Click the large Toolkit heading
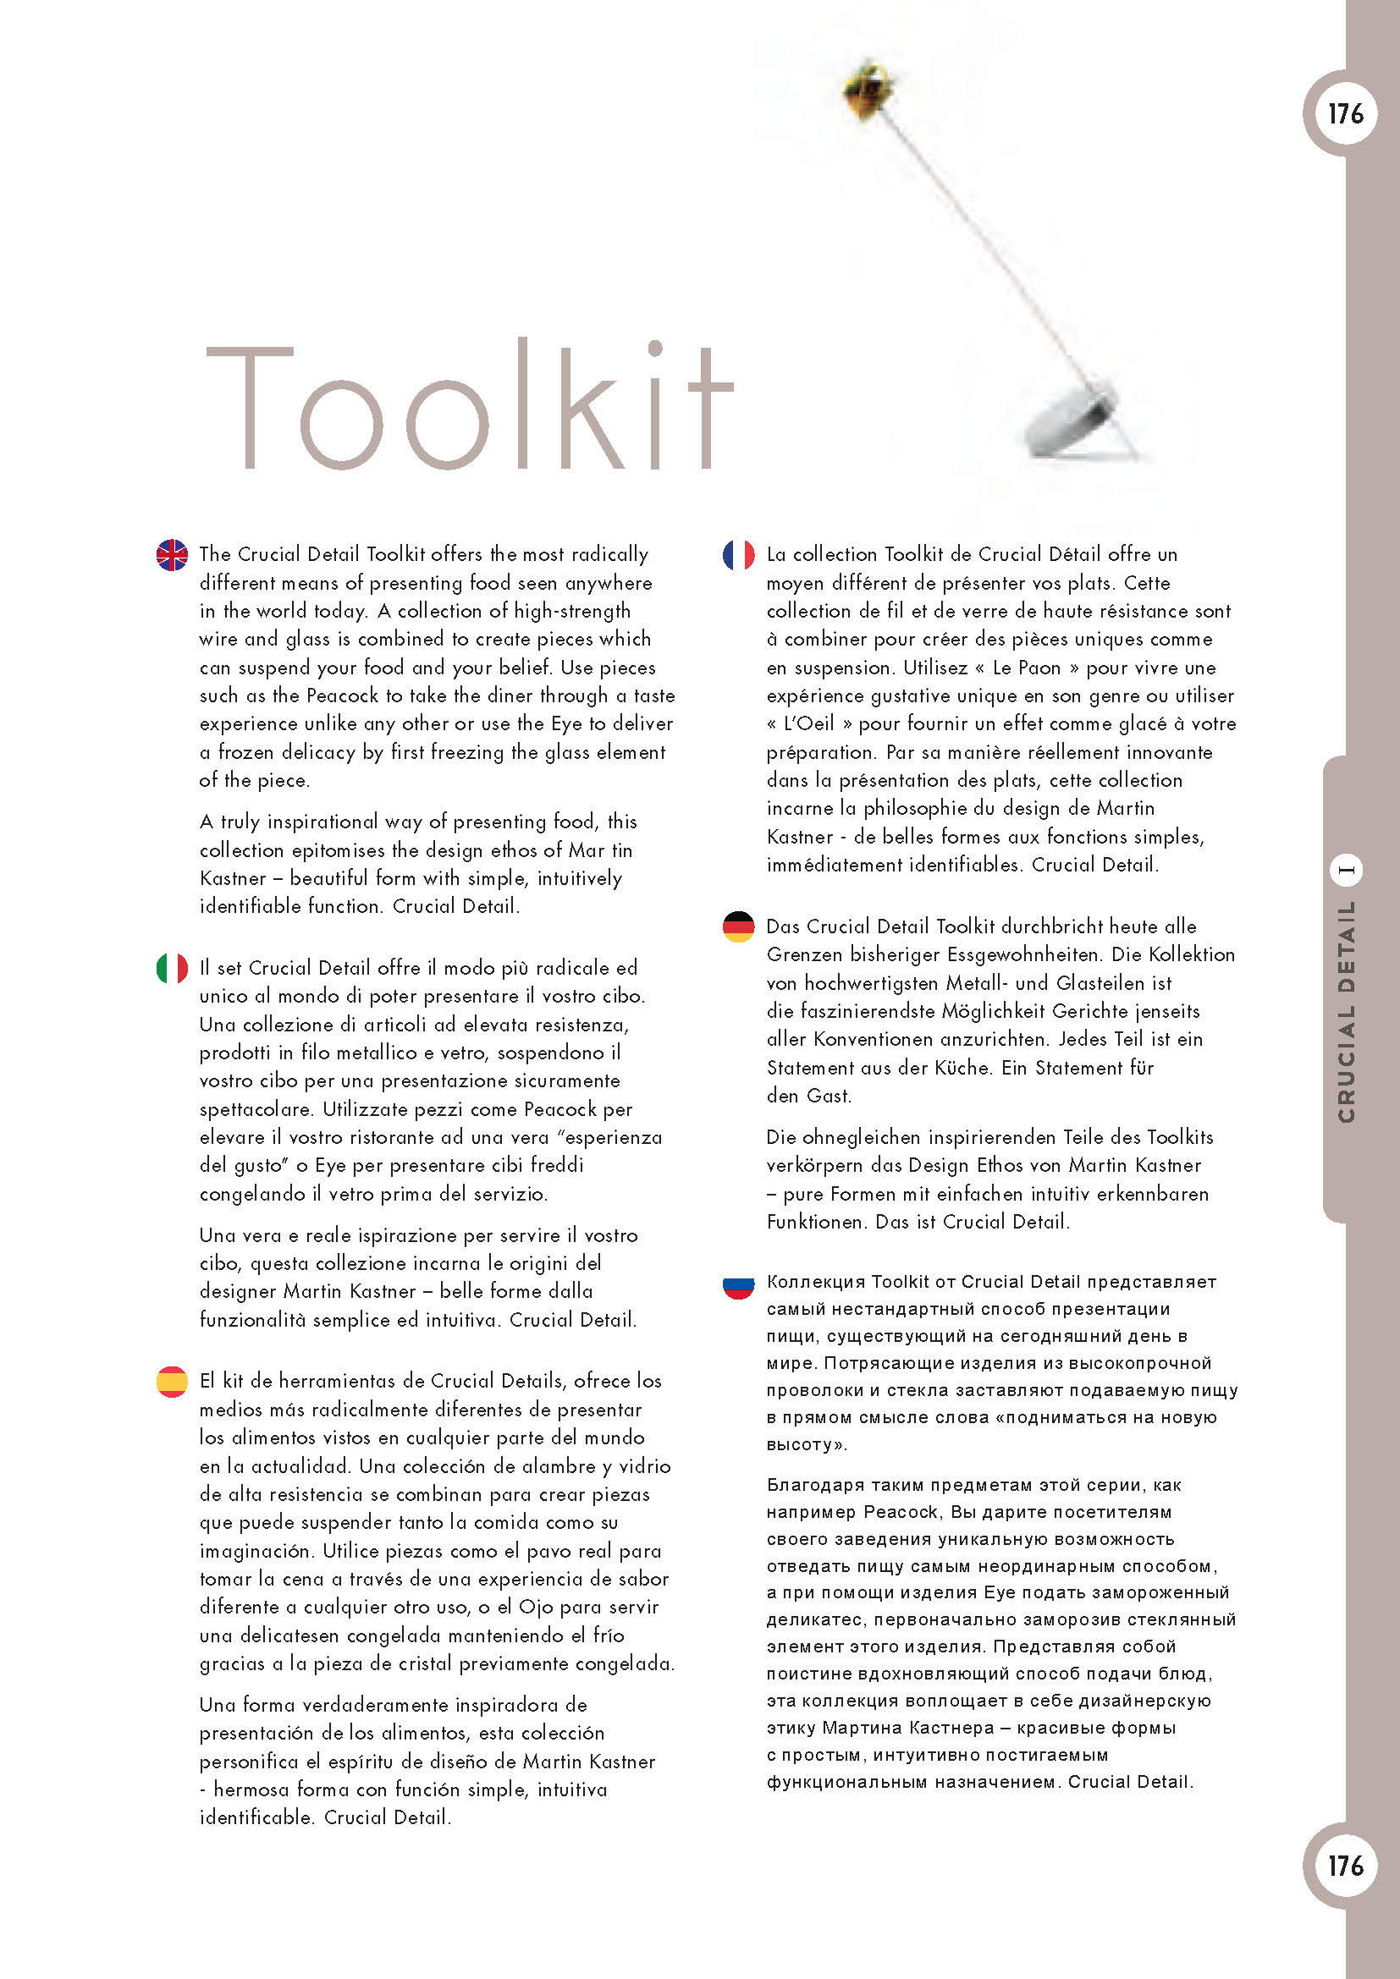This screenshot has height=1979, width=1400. click(470, 405)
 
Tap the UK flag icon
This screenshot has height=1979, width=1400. click(172, 554)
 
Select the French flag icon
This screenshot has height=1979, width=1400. click(738, 554)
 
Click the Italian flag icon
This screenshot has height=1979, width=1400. click(172, 968)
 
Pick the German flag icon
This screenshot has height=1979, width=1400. click(738, 926)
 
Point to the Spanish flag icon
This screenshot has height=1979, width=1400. click(172, 1381)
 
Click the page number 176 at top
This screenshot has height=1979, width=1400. click(1345, 113)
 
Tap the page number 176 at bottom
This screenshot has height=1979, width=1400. click(1345, 1866)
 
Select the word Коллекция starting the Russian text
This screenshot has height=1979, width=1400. click(815, 1282)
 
